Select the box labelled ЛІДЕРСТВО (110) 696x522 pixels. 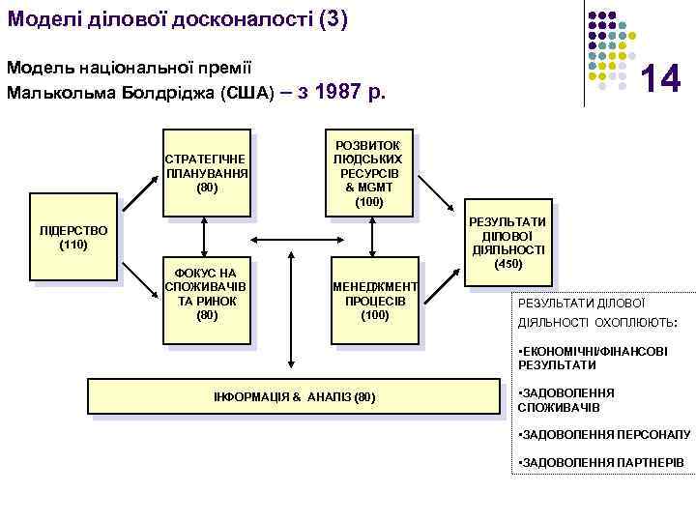coord(72,238)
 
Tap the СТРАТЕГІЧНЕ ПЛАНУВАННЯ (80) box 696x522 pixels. coord(206,172)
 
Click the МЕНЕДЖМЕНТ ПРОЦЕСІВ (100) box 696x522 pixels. coord(372,301)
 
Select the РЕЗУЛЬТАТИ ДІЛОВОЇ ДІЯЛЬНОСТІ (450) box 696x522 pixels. coord(508,243)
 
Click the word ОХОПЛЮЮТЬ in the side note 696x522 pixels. coord(638,321)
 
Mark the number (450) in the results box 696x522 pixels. coord(508,264)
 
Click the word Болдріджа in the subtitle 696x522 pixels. coord(172,94)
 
